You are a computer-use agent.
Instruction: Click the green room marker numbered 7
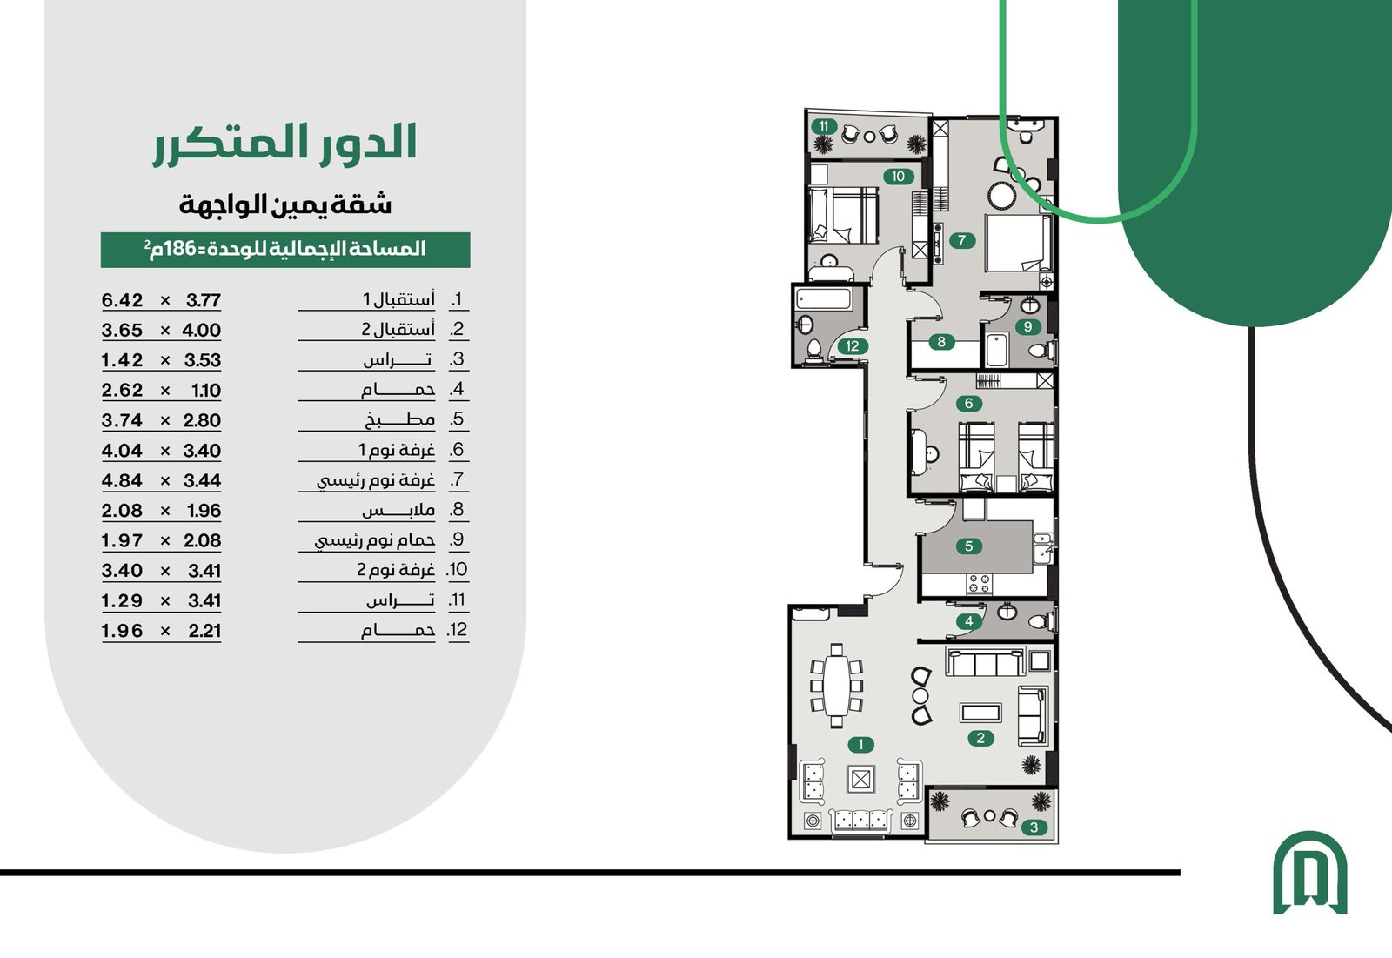pos(961,240)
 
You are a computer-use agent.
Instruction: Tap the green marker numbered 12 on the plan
pos(852,346)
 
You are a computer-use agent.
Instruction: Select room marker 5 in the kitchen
pos(968,546)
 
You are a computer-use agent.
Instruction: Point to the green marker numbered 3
pos(1034,827)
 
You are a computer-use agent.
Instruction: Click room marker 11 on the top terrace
pos(824,126)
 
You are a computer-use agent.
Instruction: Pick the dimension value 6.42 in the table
pos(122,300)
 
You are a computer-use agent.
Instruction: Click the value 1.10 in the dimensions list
pos(206,391)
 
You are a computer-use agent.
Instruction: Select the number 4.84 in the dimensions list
pos(122,480)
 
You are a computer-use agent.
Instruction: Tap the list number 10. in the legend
pos(458,570)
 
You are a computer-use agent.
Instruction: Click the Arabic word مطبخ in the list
pos(399,419)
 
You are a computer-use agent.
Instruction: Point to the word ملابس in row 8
pos(398,511)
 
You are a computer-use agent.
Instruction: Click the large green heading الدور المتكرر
pos(285,144)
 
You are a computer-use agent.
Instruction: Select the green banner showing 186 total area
pos(285,250)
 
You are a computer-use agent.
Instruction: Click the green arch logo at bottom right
pos(1309,872)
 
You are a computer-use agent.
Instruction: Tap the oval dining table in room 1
pos(836,685)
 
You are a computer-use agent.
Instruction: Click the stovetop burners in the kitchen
pos(979,584)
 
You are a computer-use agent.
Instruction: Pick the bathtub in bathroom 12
pos(824,298)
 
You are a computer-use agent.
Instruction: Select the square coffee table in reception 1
pos(860,779)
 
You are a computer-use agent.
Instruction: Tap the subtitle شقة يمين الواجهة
pos(285,204)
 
